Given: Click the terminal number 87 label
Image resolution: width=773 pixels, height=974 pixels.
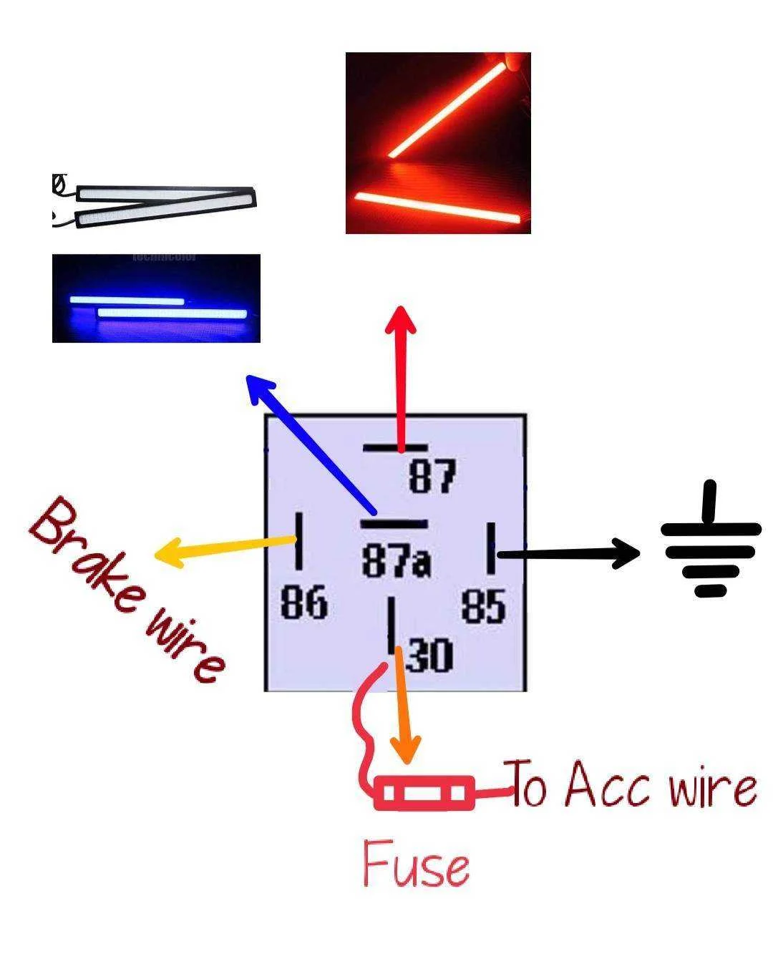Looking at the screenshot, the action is pyautogui.click(x=432, y=476).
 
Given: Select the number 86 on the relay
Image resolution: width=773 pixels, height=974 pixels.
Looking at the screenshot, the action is pyautogui.click(x=304, y=602).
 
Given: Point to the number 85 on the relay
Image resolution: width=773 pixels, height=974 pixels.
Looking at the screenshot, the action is pyautogui.click(x=483, y=606).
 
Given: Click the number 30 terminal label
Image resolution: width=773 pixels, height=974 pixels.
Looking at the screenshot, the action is pyautogui.click(x=429, y=655).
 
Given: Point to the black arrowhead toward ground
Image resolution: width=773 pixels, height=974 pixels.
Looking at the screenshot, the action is pyautogui.click(x=626, y=553).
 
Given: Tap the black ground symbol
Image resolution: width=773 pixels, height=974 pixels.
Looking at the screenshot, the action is pyautogui.click(x=710, y=539).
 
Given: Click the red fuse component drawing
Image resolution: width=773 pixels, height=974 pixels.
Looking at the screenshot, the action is pyautogui.click(x=424, y=793).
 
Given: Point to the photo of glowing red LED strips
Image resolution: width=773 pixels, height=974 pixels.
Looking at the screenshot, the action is pyautogui.click(x=438, y=143).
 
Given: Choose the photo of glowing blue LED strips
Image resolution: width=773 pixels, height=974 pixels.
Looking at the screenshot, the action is pyautogui.click(x=156, y=298).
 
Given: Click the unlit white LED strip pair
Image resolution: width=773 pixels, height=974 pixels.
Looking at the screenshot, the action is pyautogui.click(x=155, y=204).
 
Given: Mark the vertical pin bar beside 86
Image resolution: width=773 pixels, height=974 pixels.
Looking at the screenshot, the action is pyautogui.click(x=298, y=541).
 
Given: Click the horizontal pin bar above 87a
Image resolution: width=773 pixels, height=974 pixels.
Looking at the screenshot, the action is pyautogui.click(x=394, y=524).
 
